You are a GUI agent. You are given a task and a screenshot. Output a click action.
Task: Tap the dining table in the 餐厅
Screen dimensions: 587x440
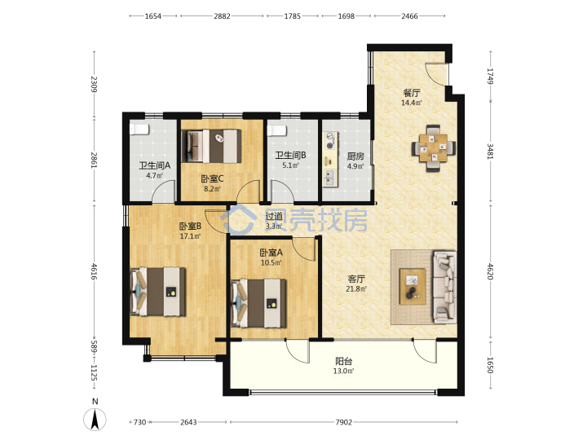tap(434, 148)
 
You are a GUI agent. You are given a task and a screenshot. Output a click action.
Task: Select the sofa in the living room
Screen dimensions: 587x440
tap(444, 287)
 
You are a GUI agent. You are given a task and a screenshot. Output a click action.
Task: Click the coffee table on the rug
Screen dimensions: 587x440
tap(413, 286)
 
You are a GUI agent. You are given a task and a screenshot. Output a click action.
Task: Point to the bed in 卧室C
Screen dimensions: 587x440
tap(211, 146)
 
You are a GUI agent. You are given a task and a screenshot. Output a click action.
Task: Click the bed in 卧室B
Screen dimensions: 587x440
tap(157, 292)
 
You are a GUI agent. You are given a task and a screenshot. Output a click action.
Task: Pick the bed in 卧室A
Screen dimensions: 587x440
tap(258, 303)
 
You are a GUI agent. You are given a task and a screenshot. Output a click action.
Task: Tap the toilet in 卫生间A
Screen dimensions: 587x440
tap(139, 130)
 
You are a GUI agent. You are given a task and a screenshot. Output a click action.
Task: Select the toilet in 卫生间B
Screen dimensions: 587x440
tap(276, 130)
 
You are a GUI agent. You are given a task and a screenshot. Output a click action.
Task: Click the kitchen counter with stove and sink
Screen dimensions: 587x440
tap(330, 160)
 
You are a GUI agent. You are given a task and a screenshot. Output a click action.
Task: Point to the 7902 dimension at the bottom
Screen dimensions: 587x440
tap(344, 422)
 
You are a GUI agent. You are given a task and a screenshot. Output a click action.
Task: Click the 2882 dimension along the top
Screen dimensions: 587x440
tap(222, 16)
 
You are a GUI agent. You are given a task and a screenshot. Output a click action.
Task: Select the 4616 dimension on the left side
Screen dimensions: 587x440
tap(94, 271)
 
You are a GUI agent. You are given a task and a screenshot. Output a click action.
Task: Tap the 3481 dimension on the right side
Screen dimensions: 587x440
tap(490, 152)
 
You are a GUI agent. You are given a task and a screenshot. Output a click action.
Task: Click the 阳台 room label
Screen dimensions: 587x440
tap(343, 362)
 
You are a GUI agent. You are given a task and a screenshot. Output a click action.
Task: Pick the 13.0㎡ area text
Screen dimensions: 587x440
tap(343, 372)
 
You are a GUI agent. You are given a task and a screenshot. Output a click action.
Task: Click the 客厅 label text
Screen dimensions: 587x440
tap(356, 279)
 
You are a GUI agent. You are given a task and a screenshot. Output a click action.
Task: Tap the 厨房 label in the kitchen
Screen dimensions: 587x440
tap(355, 156)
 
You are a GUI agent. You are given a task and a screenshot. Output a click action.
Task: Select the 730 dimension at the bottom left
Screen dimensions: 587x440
tap(139, 422)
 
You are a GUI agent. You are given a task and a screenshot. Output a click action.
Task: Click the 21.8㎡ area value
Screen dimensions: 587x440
tap(356, 288)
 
